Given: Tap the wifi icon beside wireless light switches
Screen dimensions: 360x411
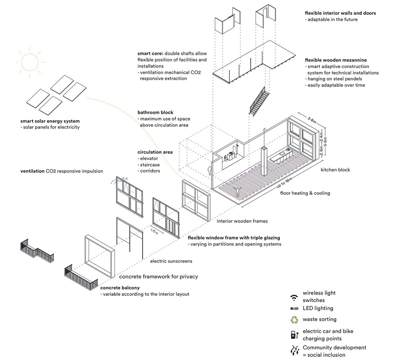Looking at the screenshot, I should [293, 297].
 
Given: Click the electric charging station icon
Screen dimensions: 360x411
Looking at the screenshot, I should [294, 334].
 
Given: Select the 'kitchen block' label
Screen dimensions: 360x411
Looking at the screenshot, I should [335, 170].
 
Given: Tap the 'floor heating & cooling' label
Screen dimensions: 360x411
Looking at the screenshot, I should [305, 193].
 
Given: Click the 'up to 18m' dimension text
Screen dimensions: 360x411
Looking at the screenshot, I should [275, 183].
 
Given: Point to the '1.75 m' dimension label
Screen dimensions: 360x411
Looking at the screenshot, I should [154, 233].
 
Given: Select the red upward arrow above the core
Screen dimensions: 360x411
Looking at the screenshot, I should [264, 137].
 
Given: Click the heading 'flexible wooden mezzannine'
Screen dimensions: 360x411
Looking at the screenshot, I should [336, 60].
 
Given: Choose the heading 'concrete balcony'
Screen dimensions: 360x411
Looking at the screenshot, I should [120, 288].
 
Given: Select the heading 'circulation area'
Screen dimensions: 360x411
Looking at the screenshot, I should [155, 152].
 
